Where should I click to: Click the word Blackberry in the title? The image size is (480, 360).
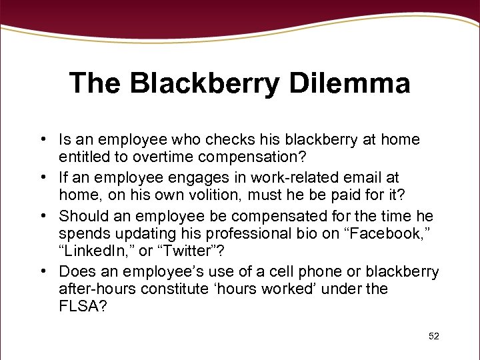click(204, 84)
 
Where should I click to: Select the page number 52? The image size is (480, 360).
click(434, 336)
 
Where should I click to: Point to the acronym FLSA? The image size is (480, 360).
click(83, 308)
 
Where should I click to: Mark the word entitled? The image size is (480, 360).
click(84, 157)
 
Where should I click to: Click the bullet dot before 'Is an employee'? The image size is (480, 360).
click(42, 140)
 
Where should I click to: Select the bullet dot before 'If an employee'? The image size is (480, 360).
click(42, 177)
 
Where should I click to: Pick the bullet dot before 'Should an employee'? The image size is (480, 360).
click(42, 216)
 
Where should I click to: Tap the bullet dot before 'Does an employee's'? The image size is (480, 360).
click(42, 271)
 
